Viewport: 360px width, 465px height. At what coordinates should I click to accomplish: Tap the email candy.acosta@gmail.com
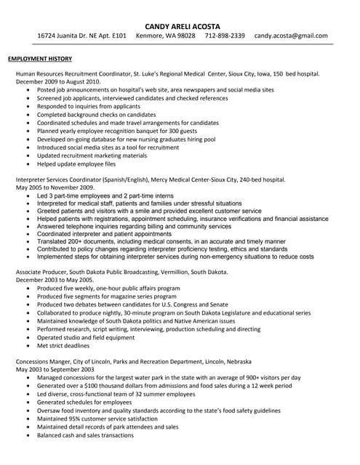click(x=291, y=36)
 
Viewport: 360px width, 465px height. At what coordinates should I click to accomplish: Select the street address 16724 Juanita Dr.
click(x=73, y=36)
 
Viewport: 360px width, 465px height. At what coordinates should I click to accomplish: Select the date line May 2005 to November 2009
click(x=55, y=187)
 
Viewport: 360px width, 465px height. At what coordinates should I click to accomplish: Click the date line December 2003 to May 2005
click(x=55, y=280)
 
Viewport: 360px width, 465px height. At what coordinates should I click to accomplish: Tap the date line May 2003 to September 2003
click(x=55, y=370)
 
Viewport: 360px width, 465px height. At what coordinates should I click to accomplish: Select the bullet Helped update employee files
click(x=76, y=164)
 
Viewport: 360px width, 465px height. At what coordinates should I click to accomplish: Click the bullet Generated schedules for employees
click(x=84, y=403)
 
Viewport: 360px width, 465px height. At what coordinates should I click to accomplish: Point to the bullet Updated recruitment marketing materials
click(x=92, y=155)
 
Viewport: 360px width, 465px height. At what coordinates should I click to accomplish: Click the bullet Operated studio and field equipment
click(x=86, y=337)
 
